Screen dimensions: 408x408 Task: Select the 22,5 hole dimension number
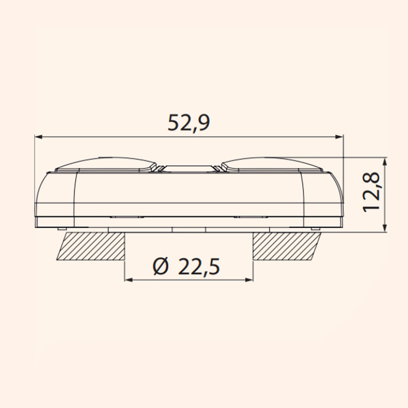tap(199, 266)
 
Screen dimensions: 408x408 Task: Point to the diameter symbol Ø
tap(161, 266)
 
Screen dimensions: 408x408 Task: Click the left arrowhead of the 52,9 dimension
tap(39, 136)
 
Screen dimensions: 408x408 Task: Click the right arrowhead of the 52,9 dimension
tap(339, 136)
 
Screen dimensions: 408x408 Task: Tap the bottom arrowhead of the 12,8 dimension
tap(385, 227)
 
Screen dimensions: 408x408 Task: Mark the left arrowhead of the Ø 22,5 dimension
tap(129, 279)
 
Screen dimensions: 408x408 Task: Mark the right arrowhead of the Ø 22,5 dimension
tap(249, 279)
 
